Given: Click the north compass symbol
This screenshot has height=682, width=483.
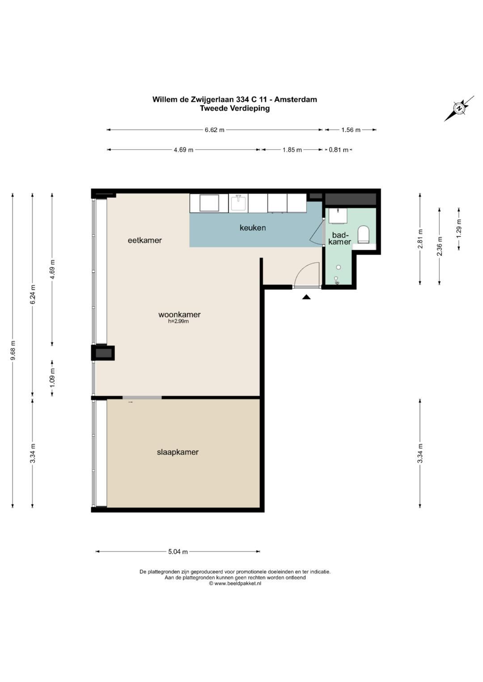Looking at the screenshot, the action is tap(459, 109).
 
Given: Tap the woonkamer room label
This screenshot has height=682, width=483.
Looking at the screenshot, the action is tap(179, 314).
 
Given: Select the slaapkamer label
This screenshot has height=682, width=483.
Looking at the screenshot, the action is tap(178, 452).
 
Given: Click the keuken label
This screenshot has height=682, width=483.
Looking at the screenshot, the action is tap(253, 227).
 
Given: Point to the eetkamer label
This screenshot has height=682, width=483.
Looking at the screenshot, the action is tap(144, 240).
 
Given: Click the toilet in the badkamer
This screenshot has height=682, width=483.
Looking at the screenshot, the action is tap(363, 234).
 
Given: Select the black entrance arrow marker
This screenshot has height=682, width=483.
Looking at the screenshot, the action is tap(306, 297).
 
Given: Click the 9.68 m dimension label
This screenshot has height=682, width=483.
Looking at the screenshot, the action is tap(13, 350).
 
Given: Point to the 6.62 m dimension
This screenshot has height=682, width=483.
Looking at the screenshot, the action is tap(214, 130).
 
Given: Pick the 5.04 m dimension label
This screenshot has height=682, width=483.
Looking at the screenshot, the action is tap(178, 552).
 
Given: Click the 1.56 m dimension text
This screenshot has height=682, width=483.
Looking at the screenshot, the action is tap(351, 130).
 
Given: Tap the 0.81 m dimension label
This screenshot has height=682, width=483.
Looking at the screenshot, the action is tap(339, 150).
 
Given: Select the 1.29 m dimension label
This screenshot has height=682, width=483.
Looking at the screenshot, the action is tap(459, 228).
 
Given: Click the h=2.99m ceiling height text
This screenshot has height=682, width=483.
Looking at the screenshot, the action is tap(178, 321).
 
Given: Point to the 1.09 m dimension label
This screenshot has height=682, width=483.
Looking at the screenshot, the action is tap(52, 378).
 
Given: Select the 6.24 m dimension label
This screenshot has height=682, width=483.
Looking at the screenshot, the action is tap(33, 294).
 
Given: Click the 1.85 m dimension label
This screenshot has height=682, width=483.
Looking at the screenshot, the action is tap(292, 150).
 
